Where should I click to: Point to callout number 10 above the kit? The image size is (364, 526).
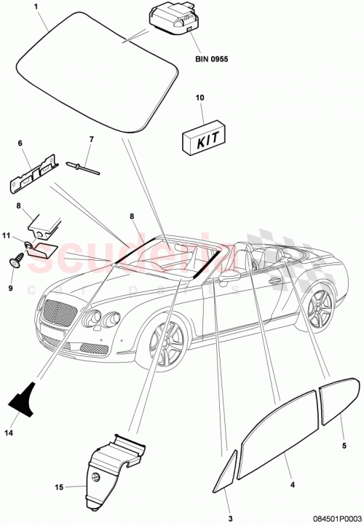201,97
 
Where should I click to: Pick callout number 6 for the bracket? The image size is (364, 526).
20,144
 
